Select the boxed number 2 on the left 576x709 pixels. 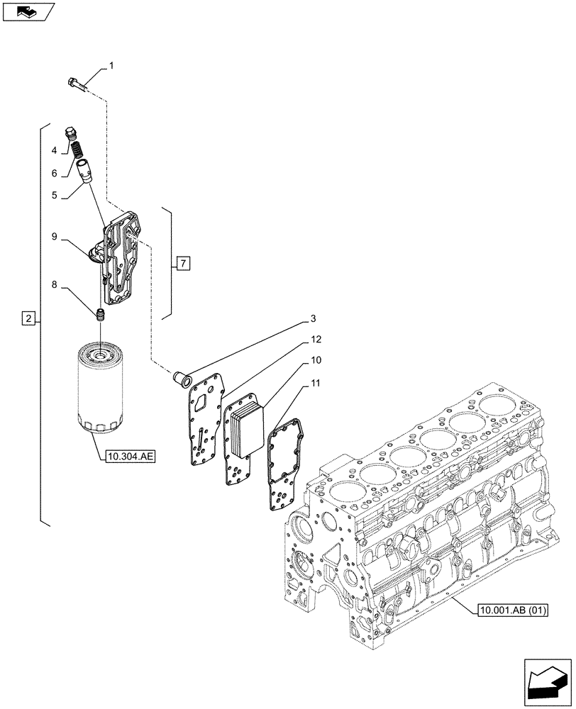point(28,319)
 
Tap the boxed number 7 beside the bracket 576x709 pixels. point(183,264)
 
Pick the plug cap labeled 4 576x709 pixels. point(70,132)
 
